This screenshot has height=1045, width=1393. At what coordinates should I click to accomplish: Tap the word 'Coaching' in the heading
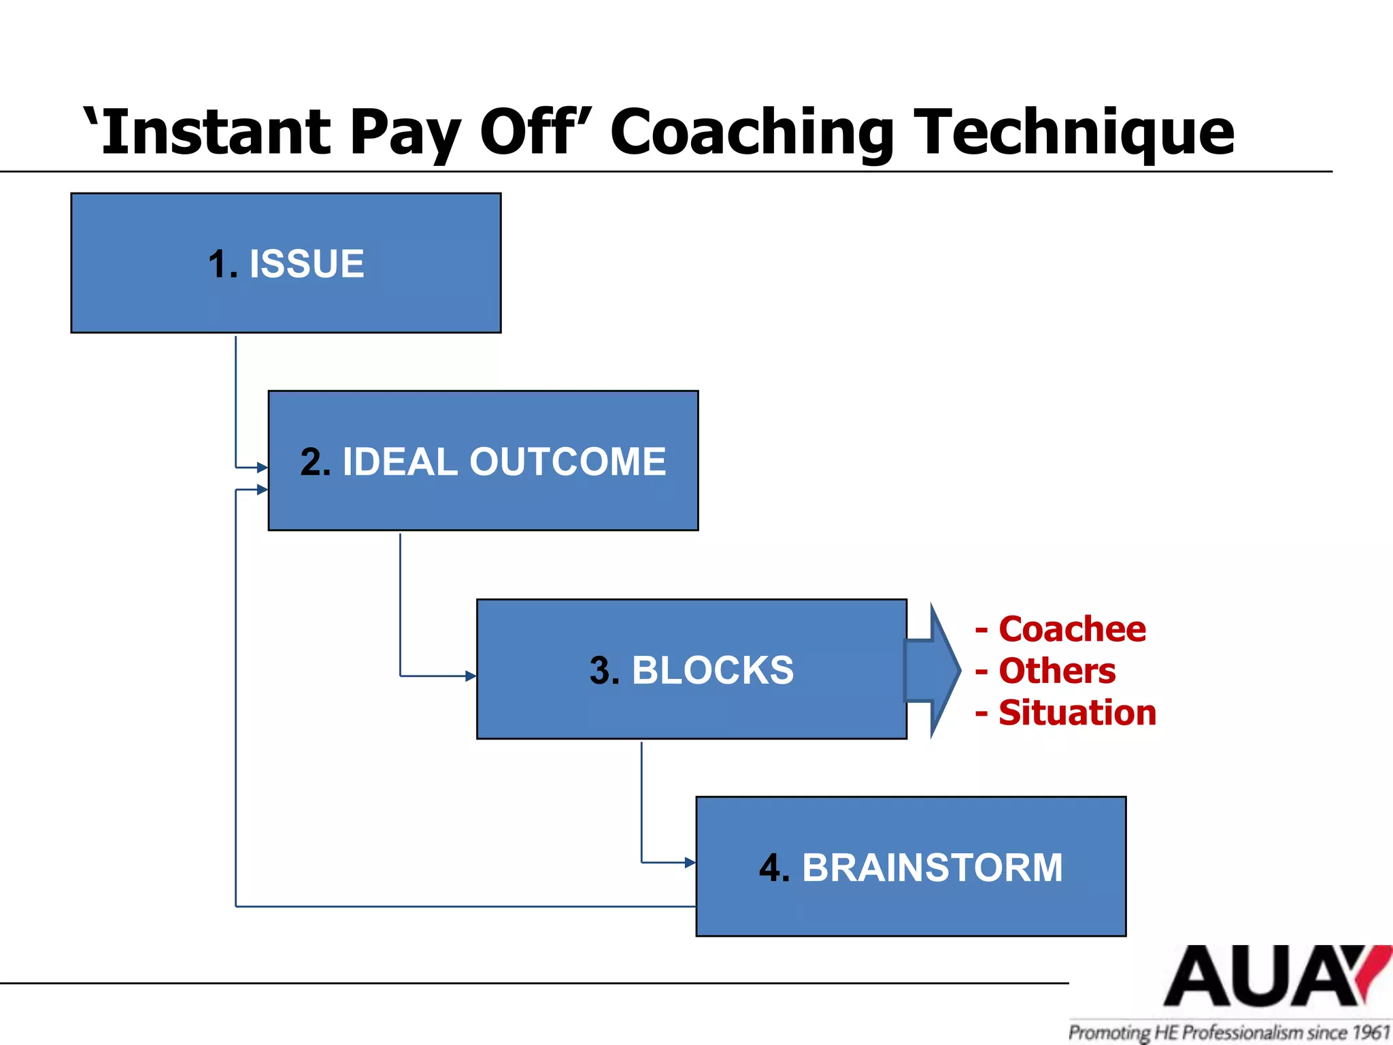point(752,131)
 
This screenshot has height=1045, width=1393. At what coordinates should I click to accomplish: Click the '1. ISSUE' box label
point(286,264)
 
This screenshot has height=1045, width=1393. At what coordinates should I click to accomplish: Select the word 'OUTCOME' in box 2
point(567,461)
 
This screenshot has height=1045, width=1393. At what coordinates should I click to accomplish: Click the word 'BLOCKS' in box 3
point(713,670)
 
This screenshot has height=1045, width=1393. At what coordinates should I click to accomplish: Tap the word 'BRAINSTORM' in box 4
point(932,867)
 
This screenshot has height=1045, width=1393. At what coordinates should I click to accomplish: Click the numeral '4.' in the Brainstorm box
point(774,867)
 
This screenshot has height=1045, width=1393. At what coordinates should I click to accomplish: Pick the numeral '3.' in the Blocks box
point(605,670)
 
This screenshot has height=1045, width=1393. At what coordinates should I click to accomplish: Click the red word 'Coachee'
point(1071,629)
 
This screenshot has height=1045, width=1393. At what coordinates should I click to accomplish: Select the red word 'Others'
point(1056,671)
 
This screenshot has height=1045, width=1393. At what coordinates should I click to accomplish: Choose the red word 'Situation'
point(1077,713)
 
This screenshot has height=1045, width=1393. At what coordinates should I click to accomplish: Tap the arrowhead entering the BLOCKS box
point(471,676)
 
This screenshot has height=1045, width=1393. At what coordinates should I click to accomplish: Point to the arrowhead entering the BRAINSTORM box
point(690,863)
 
